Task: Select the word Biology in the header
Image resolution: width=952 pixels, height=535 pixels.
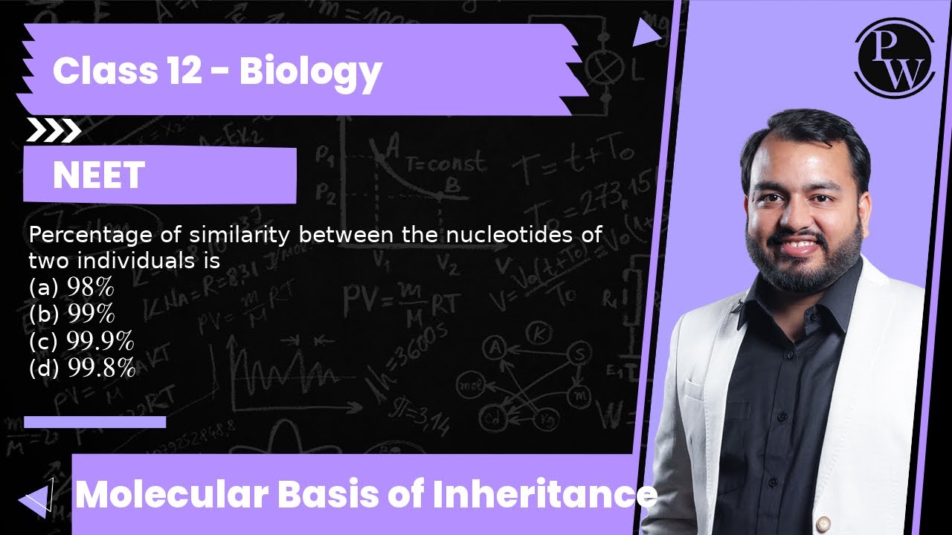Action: [x=311, y=71]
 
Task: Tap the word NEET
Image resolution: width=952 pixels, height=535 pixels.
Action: [x=98, y=175]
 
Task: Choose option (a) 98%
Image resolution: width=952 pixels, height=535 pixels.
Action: [x=71, y=286]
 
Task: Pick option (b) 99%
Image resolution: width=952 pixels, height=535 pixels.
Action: [x=71, y=314]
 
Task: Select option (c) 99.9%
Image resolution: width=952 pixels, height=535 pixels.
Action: [x=81, y=341]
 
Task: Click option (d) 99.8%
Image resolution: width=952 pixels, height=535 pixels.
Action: [x=82, y=368]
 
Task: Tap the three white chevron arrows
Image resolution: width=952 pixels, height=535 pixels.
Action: [x=53, y=131]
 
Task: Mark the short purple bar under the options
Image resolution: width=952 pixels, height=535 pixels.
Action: [x=94, y=422]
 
